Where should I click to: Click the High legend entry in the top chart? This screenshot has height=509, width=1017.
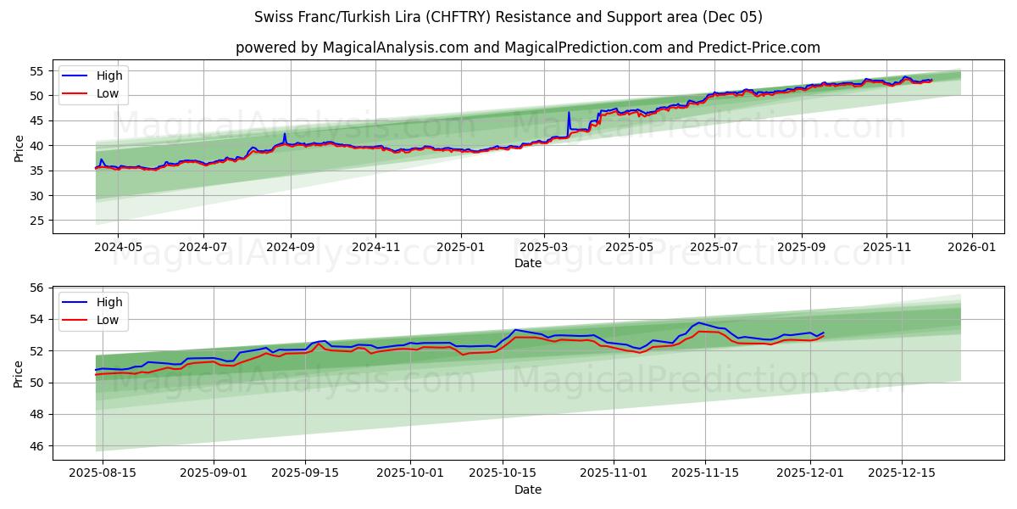click(x=108, y=76)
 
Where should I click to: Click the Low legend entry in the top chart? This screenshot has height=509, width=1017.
click(x=107, y=93)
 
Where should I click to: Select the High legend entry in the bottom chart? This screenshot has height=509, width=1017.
click(x=108, y=302)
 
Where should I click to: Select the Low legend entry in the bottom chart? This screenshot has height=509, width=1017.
click(x=107, y=320)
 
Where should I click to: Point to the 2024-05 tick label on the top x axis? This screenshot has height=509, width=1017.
click(x=117, y=247)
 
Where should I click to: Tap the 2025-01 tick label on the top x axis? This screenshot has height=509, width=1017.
click(x=460, y=247)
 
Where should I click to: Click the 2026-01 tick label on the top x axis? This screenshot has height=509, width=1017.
click(x=971, y=247)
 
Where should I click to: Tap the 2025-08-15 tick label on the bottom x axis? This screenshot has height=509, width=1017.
click(x=103, y=473)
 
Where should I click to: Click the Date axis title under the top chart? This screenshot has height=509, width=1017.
click(x=527, y=263)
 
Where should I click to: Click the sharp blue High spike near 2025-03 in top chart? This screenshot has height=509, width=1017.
click(x=569, y=113)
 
